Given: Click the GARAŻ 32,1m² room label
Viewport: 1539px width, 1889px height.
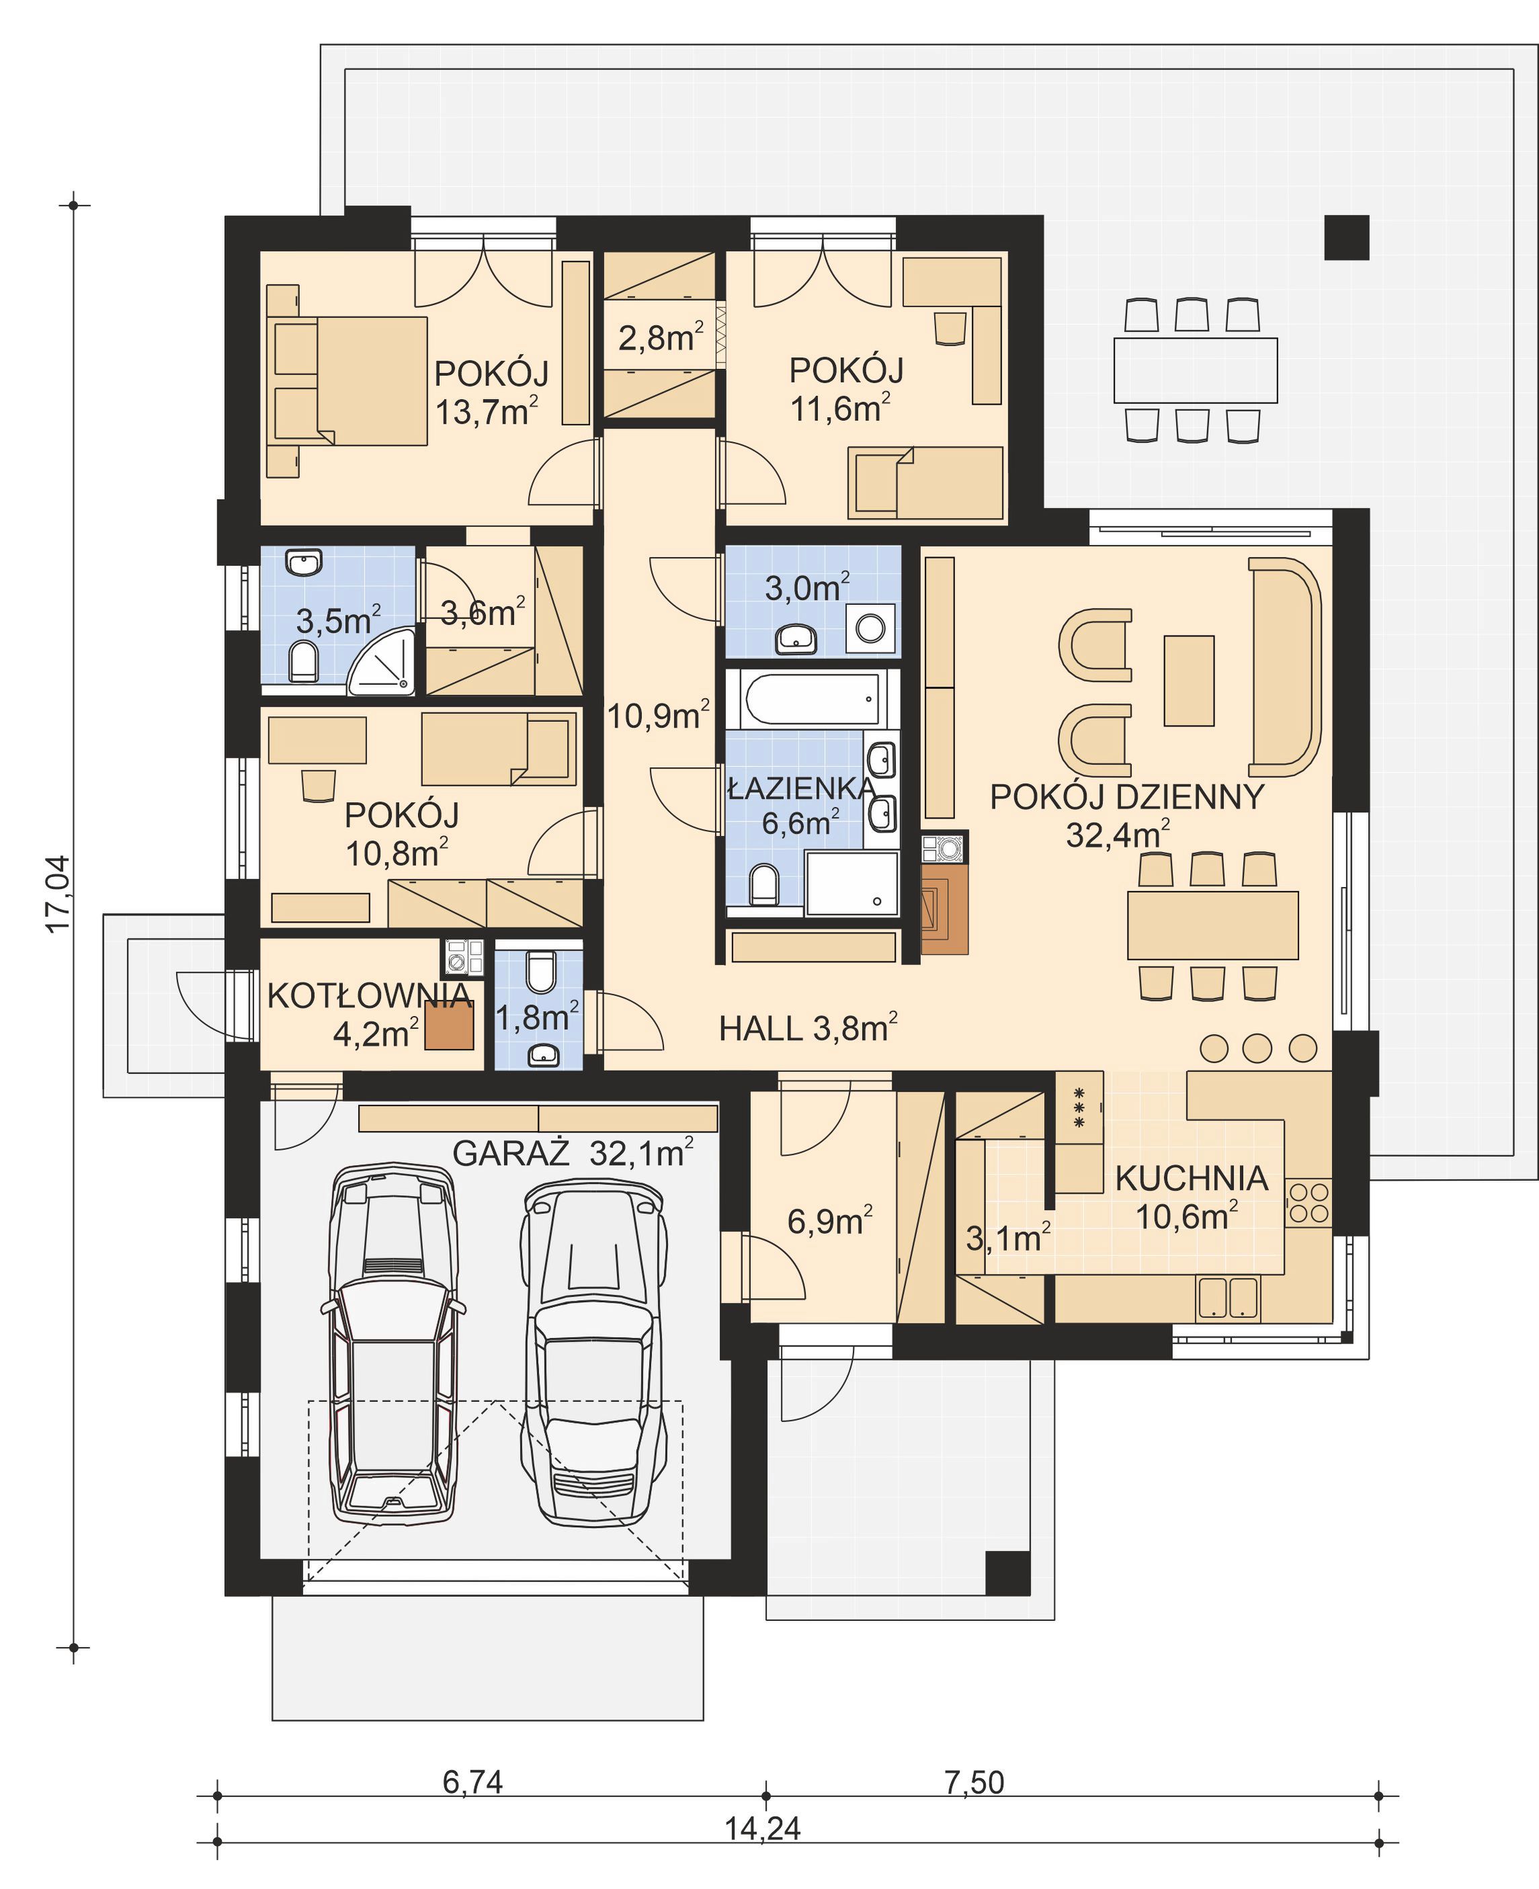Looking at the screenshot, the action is click(x=573, y=1152).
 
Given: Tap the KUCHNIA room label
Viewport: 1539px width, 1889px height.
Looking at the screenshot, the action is click(x=1191, y=1178).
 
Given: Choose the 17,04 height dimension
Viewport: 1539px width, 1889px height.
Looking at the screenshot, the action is click(x=58, y=894).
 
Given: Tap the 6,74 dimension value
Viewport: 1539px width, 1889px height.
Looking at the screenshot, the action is click(x=472, y=1781).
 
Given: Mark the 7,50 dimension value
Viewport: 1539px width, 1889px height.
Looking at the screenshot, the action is click(x=974, y=1781).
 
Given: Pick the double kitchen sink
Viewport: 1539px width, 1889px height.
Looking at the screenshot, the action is click(x=1228, y=1298).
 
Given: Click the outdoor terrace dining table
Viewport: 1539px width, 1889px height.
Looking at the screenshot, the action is click(x=1195, y=370).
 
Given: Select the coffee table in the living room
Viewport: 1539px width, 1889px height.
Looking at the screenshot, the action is click(x=1188, y=681).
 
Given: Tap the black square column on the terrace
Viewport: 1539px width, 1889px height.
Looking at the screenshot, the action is click(x=1347, y=238).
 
